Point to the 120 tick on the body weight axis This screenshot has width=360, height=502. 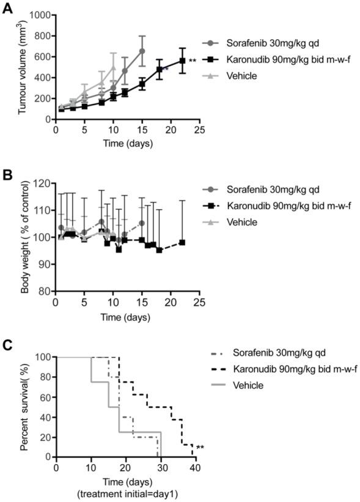point(43,183)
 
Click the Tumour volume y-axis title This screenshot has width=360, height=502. point(23,67)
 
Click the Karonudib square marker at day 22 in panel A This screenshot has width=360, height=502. point(182,61)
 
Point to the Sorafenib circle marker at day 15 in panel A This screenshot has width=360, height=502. point(142,51)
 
